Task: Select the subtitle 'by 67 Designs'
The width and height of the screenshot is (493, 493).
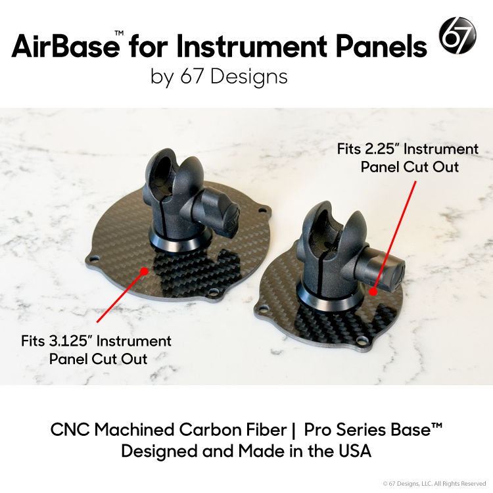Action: pos(219,77)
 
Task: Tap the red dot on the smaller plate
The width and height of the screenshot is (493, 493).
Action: pos(373,290)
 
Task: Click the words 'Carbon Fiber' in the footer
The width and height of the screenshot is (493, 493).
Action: pos(220,430)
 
